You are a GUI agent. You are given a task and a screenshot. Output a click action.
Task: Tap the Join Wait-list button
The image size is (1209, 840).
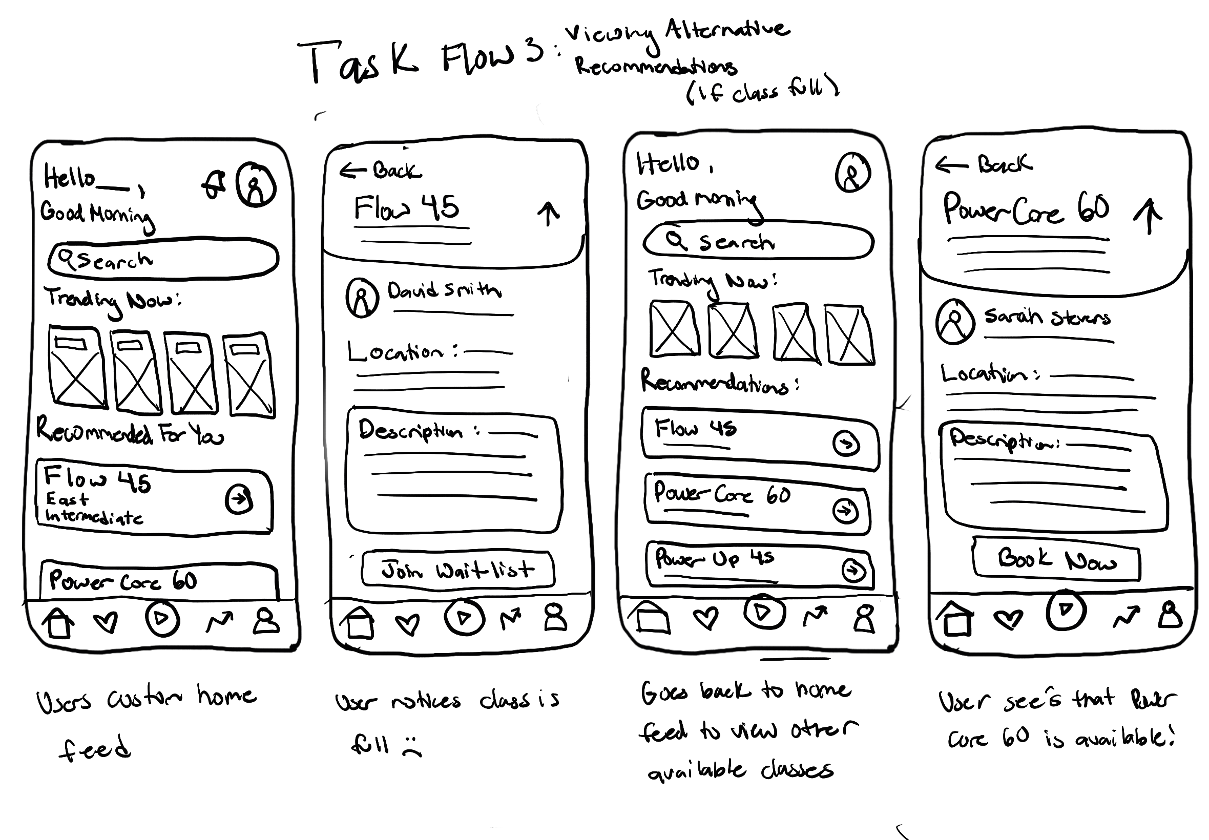coord(457,569)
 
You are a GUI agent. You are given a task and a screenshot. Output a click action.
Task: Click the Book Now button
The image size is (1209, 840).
coord(1055,559)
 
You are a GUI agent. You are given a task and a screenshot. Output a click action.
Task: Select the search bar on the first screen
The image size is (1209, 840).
coord(163,259)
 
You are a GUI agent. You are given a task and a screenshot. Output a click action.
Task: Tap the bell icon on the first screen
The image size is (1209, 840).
coord(214,185)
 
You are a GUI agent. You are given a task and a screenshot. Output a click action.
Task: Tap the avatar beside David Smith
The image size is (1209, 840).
coord(362,297)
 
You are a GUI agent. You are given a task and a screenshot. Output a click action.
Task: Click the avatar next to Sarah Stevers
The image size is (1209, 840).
coord(954,321)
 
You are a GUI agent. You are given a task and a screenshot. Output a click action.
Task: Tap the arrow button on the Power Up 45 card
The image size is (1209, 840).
coord(853,570)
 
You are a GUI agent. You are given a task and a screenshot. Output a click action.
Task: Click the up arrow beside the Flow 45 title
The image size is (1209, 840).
coord(549,213)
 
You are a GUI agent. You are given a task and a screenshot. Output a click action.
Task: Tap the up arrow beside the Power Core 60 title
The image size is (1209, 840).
coord(1148,216)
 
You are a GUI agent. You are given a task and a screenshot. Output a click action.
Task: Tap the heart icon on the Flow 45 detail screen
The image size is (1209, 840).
coord(407,624)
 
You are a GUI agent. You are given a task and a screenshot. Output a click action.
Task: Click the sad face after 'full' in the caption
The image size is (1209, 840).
coord(411,746)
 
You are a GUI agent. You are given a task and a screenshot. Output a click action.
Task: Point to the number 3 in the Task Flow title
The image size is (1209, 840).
coord(533,52)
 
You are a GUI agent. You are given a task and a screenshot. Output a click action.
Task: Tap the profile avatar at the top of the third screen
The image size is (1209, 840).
coord(852,173)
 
